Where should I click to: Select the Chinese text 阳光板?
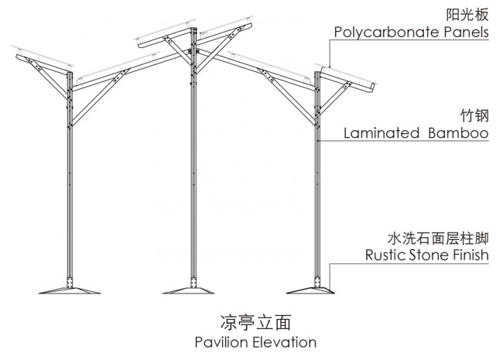(x=467, y=15)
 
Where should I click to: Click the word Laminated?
(x=382, y=133)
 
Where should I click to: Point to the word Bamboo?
(x=458, y=133)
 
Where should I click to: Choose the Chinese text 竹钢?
(x=475, y=115)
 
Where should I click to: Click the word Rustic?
(x=385, y=255)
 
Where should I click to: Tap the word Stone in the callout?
(x=429, y=255)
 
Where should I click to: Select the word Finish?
(x=471, y=255)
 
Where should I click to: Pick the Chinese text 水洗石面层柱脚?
(x=438, y=238)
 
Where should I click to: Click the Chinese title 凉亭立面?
(x=255, y=323)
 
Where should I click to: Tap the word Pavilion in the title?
(x=222, y=342)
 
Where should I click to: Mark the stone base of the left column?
(x=70, y=290)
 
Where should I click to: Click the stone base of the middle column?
(x=188, y=290)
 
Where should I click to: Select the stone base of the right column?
(x=310, y=290)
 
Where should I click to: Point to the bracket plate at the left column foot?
(x=70, y=282)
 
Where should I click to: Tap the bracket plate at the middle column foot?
(x=193, y=282)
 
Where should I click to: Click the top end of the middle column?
(x=193, y=28)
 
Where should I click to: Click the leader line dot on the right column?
(x=317, y=141)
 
